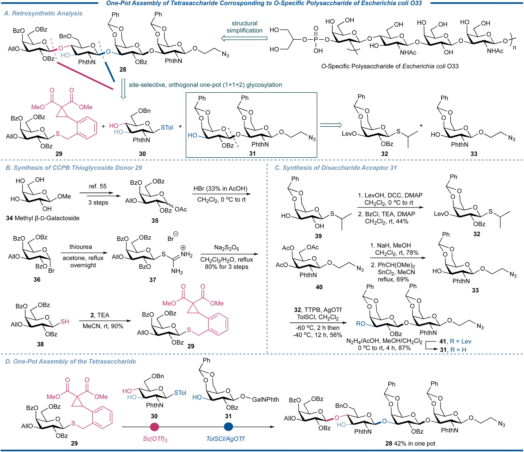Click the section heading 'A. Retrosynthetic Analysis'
pos(43,13)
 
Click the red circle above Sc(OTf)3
pos(154,427)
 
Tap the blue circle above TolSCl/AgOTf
pos(228,427)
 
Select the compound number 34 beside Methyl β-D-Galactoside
pos(9,218)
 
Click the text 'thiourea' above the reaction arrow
pos(81,247)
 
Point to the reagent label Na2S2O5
pos(227,248)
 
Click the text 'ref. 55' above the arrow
pos(98,186)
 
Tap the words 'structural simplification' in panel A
pos(244,27)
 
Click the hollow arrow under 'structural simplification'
pos(244,39)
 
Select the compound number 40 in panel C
pos(319,287)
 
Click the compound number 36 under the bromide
pos(37,280)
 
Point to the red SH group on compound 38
pos(65,322)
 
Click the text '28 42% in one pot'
pos(410,443)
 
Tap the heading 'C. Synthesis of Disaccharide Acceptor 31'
pos(336,168)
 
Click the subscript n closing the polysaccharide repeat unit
pos(515,48)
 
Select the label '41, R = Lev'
pos(455,341)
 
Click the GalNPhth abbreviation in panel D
pos(265,400)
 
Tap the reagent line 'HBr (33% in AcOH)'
pos(220,189)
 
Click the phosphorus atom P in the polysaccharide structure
pos(316,40)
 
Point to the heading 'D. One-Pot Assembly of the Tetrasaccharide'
pos(71,361)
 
